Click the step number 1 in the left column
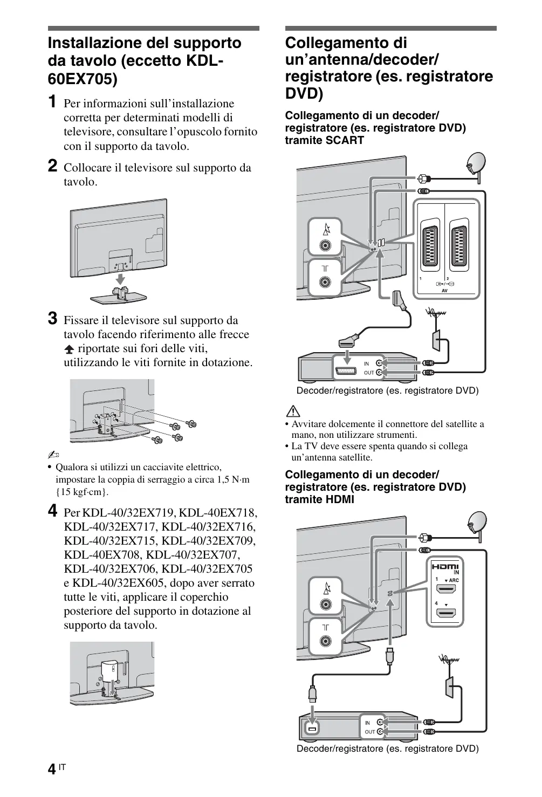tap(52, 101)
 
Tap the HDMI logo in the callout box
tap(444, 567)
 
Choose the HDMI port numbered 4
tap(446, 613)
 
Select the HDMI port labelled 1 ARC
tap(446, 589)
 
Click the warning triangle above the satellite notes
tap(293, 411)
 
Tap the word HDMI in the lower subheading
tap(340, 499)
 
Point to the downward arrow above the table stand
tap(121, 279)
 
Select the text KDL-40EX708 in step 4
tap(98, 555)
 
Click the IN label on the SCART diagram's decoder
tap(367, 364)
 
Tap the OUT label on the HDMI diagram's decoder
tap(369, 732)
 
